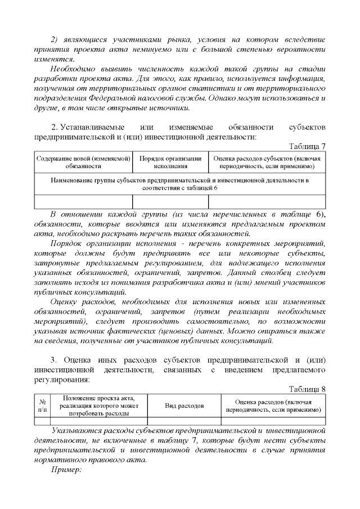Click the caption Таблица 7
(307, 146)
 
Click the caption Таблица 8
(307, 389)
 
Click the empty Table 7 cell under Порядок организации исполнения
(170, 201)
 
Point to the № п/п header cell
(42, 406)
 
